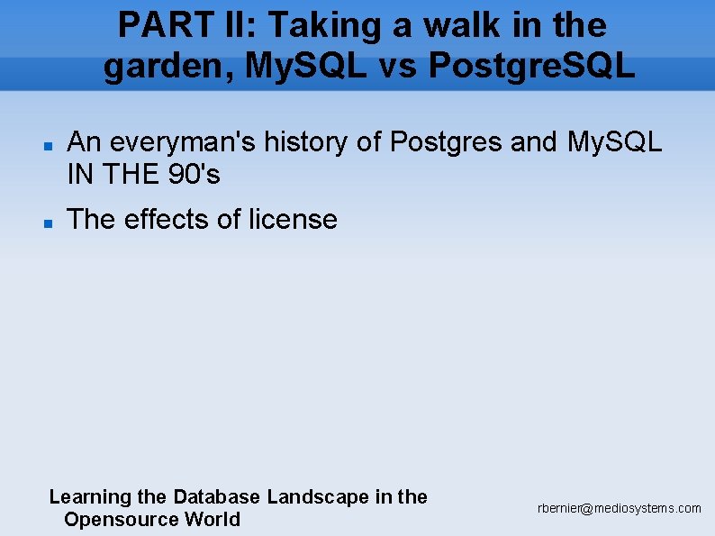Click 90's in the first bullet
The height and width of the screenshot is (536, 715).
tap(195, 175)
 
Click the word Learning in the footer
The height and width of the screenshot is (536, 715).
tap(90, 497)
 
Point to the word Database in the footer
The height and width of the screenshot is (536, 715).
tap(217, 496)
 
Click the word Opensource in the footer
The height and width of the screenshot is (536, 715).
tap(122, 520)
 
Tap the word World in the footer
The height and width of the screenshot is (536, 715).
tap(213, 519)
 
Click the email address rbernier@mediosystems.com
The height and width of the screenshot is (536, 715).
tap(620, 509)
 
